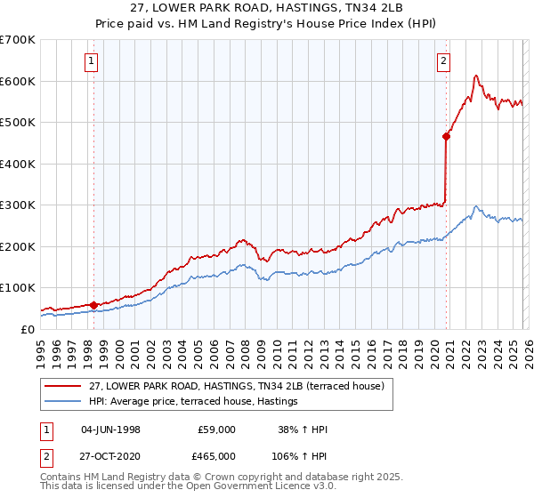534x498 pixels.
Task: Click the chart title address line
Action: tap(266, 9)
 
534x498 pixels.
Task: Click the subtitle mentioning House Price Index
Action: tap(266, 24)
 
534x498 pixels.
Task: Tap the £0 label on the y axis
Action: tap(28, 329)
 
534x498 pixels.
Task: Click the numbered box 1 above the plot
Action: tap(93, 61)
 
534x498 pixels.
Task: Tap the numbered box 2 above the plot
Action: tap(443, 61)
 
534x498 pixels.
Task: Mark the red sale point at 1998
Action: tap(93, 305)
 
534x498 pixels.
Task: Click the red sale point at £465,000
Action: tap(446, 136)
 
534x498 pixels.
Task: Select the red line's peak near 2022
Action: tap(476, 76)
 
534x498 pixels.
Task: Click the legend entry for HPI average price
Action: tap(192, 402)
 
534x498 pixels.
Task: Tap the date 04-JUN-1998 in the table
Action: tap(110, 430)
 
